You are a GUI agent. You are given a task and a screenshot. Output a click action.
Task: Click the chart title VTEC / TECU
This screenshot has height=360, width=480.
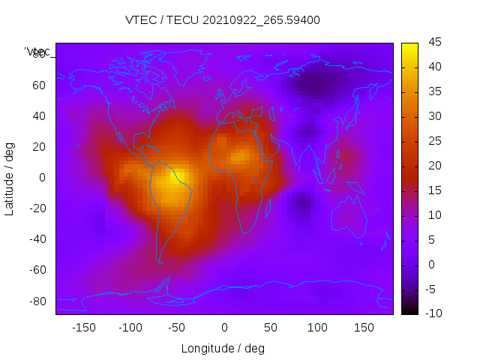click(x=223, y=20)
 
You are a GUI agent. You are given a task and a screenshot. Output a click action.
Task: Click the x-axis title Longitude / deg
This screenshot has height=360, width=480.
click(x=223, y=348)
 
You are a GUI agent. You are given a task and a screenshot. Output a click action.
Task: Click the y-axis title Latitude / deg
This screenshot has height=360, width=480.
click(x=10, y=178)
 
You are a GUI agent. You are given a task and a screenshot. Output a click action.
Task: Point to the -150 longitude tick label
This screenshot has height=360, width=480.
click(x=84, y=328)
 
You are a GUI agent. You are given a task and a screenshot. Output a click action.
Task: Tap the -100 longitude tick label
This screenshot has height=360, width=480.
click(x=130, y=328)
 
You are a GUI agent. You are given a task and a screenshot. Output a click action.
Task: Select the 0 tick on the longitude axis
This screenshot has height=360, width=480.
click(x=224, y=328)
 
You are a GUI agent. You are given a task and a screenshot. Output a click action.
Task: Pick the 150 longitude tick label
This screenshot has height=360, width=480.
click(x=364, y=328)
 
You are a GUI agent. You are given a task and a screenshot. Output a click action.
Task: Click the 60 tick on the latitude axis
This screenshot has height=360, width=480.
click(x=38, y=85)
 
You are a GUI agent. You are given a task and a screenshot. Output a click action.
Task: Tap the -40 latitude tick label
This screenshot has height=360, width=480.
click(x=35, y=239)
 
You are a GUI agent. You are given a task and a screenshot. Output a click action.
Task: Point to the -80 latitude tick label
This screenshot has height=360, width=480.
click(x=35, y=301)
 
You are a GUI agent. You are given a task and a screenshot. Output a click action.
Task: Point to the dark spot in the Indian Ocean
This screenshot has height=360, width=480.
click(x=302, y=202)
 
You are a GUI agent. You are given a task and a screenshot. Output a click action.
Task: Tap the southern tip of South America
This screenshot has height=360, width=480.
click(x=159, y=260)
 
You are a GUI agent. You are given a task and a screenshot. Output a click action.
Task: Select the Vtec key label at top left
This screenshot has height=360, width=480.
click(x=37, y=52)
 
